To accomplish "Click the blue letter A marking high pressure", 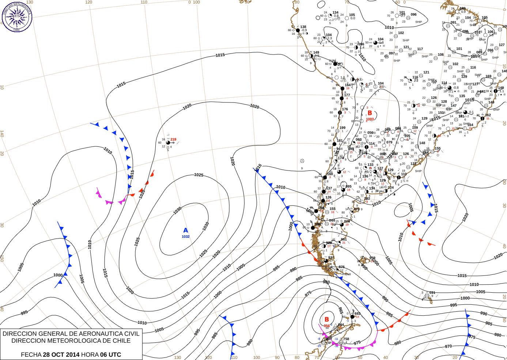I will (x=186, y=230).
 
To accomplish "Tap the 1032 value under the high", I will (x=186, y=237).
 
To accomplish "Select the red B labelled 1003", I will (x=370, y=113).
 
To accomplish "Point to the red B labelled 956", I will (x=327, y=319).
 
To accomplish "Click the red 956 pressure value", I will (x=326, y=326).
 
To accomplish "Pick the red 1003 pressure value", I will (x=370, y=119).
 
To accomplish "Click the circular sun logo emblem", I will (x=17, y=17).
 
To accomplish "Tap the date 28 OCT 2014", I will (x=61, y=355).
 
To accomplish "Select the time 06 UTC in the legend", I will (x=111, y=355).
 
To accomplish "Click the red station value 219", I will (x=173, y=139).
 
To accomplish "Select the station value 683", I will (x=357, y=314).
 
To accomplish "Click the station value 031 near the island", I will (x=432, y=293).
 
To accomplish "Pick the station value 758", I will (x=346, y=339).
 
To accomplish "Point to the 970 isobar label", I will (x=448, y=346).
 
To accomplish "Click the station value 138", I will (x=303, y=27).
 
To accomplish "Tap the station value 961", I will (x=344, y=239).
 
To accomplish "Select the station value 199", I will (x=343, y=128).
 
